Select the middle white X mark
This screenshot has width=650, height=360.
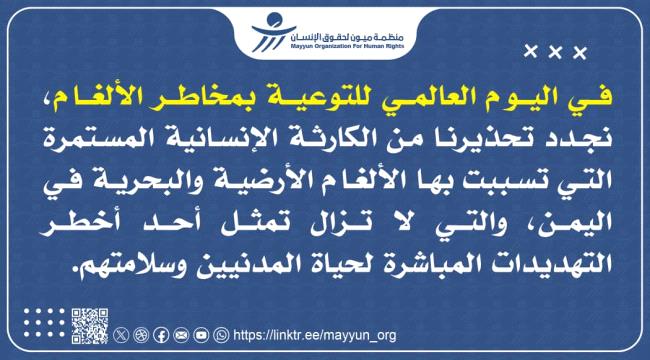pos(554,51)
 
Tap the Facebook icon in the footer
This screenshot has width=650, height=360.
pos(161,335)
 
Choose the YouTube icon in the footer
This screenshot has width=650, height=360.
pos(201,335)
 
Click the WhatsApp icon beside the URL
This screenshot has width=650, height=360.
pos(221,335)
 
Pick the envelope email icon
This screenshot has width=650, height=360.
pos(181,335)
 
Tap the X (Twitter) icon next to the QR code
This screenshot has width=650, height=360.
pos(122,335)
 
